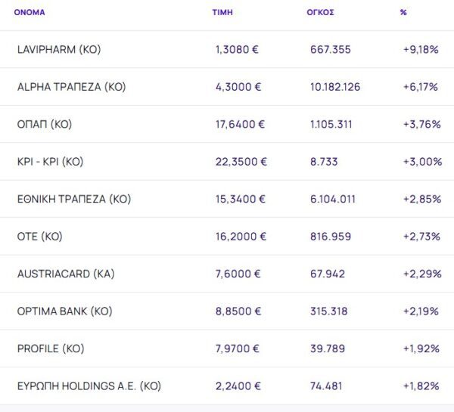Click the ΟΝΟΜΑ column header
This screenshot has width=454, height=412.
click(30, 13)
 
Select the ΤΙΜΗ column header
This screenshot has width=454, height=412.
click(222, 13)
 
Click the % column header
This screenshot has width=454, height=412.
click(403, 13)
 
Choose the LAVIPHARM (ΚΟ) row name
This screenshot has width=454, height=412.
click(58, 50)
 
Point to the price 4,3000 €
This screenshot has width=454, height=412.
click(238, 87)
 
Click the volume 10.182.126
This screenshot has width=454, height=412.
click(335, 87)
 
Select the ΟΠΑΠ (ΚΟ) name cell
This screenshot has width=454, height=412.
click(44, 125)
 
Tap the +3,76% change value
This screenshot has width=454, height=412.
click(422, 125)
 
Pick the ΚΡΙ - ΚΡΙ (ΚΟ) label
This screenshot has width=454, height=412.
click(50, 162)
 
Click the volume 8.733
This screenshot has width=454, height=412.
click(324, 162)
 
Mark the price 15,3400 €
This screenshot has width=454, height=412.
click(241, 200)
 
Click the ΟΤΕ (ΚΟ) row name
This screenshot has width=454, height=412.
click(39, 237)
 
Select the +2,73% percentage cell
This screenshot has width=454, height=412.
click(422, 237)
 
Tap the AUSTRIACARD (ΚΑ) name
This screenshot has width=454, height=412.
click(65, 274)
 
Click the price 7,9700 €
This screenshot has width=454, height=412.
click(238, 349)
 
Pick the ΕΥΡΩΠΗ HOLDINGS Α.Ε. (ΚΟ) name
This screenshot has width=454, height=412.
click(89, 386)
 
